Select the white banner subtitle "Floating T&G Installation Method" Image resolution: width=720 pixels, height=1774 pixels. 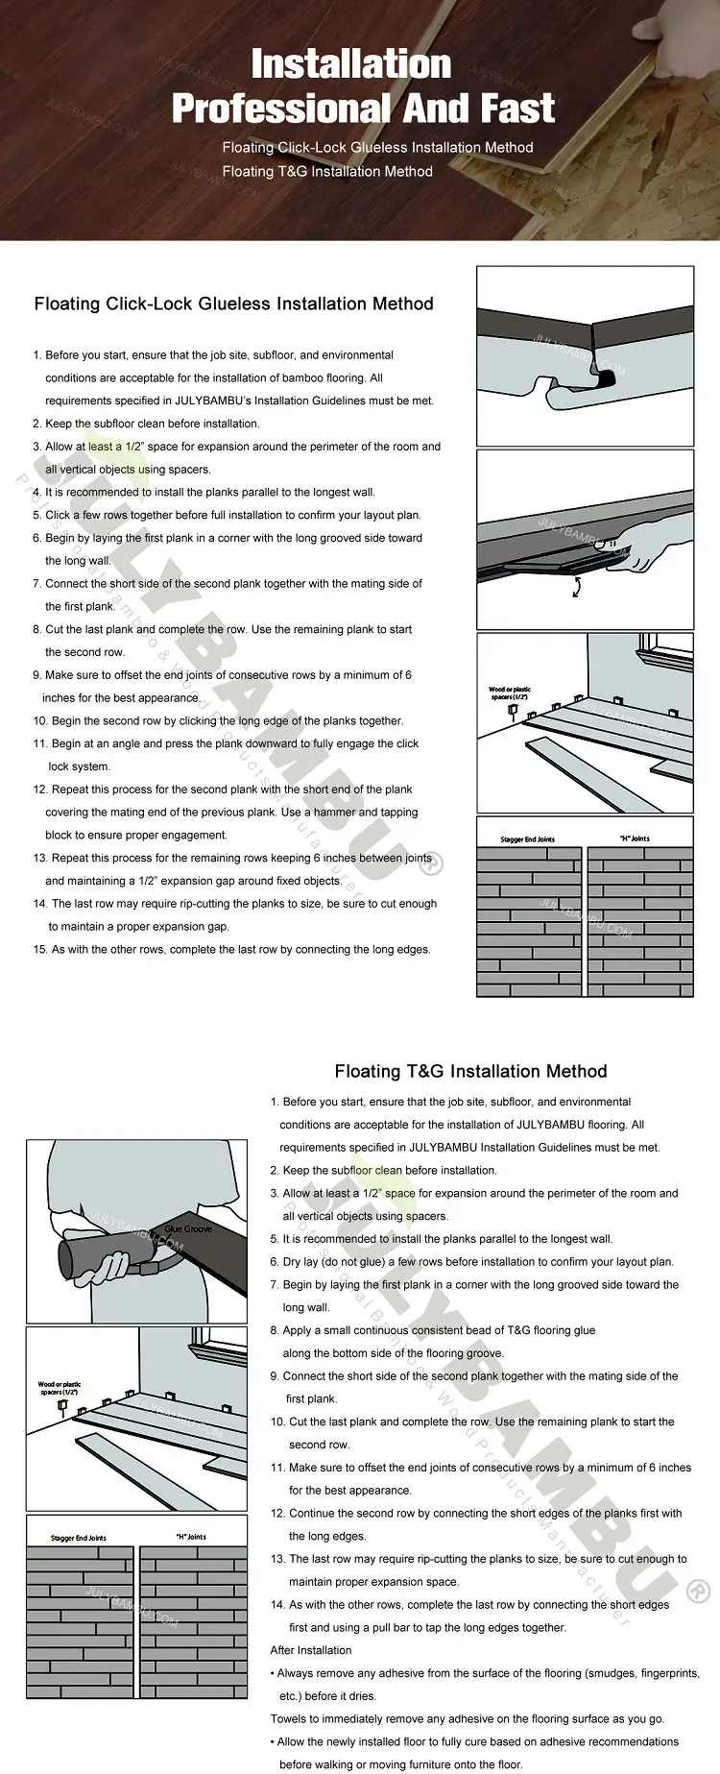coord(326,172)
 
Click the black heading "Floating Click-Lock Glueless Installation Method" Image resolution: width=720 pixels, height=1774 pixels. coord(233,304)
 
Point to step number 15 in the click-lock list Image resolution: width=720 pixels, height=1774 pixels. coord(39,950)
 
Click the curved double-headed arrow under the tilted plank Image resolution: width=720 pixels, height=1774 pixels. coord(576,587)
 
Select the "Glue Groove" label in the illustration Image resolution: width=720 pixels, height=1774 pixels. coord(188,1228)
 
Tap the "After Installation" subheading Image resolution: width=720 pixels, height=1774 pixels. coord(311,1650)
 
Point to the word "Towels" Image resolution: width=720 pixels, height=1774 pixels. coord(289,1719)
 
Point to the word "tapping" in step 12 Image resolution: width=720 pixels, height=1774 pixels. coord(399,813)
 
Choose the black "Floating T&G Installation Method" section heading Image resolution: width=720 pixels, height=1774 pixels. coord(470,1071)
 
